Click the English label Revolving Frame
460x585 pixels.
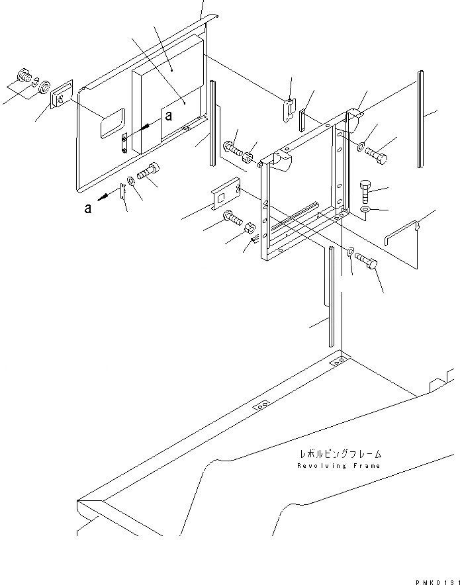point(339,466)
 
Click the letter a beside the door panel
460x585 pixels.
point(169,116)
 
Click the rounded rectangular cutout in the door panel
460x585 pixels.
point(112,124)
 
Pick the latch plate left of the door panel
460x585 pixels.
point(62,95)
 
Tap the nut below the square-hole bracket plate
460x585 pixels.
point(251,230)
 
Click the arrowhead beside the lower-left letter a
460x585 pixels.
point(102,196)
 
